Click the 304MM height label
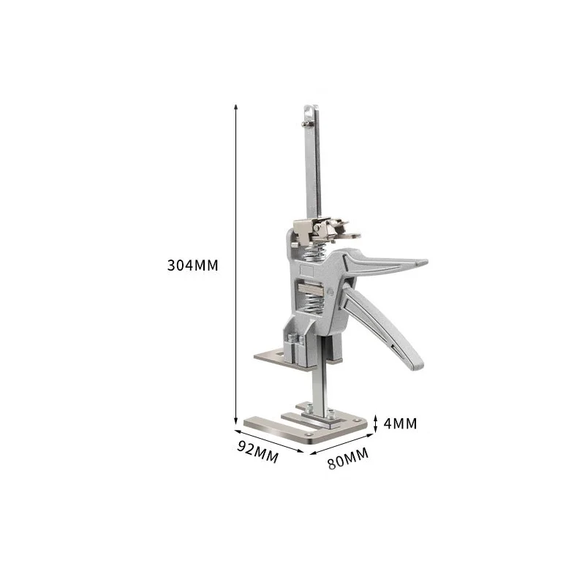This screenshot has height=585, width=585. (193, 265)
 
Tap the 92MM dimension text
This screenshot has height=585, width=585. (256, 451)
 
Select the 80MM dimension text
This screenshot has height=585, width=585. (348, 459)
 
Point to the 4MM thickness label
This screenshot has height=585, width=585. (401, 423)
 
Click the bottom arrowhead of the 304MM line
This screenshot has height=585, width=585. (236, 421)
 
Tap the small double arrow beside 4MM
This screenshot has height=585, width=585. (375, 423)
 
